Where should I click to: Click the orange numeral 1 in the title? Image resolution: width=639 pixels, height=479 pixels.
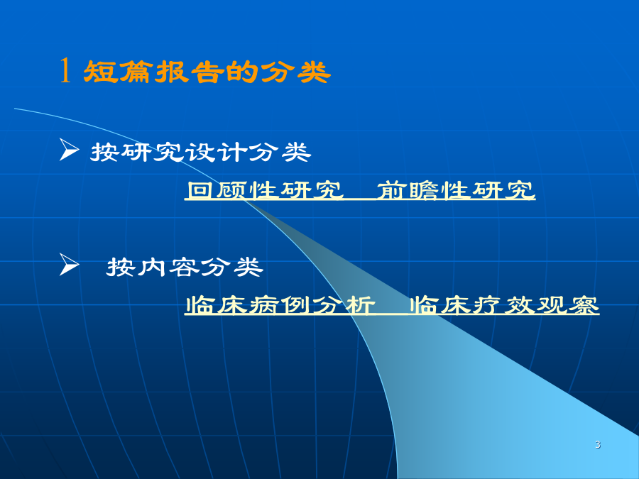tap(65, 70)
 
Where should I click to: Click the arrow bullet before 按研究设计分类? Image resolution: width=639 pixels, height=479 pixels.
tap(69, 150)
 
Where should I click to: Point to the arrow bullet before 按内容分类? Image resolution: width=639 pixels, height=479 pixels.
tap(69, 265)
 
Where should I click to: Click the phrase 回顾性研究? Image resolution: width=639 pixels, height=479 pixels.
tap(265, 190)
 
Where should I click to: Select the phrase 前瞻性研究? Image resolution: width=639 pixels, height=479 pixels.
tap(456, 190)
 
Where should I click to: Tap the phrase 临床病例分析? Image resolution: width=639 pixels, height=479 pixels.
tap(280, 305)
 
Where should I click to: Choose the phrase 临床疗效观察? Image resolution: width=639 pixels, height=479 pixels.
tap(504, 305)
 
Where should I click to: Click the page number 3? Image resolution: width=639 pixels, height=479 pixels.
tap(598, 444)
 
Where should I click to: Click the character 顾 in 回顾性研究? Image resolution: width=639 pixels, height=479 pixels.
tap(233, 190)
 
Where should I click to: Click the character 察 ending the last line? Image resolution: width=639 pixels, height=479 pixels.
tap(584, 305)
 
